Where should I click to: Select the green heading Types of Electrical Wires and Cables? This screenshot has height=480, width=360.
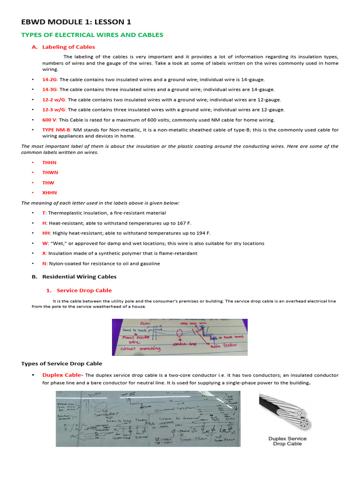point(92,35)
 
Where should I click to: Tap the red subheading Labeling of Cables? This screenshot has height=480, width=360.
point(68,47)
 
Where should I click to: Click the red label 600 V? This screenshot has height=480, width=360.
point(49,120)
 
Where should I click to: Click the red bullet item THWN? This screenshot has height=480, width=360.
point(50,172)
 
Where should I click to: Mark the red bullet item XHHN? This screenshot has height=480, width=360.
point(50,193)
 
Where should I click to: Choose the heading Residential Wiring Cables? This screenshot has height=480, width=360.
point(79,277)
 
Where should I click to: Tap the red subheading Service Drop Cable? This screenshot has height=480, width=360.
point(84,291)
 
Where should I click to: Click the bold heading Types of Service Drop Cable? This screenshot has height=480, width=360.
point(62,364)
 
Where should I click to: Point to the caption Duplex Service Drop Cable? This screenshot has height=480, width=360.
point(287,441)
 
